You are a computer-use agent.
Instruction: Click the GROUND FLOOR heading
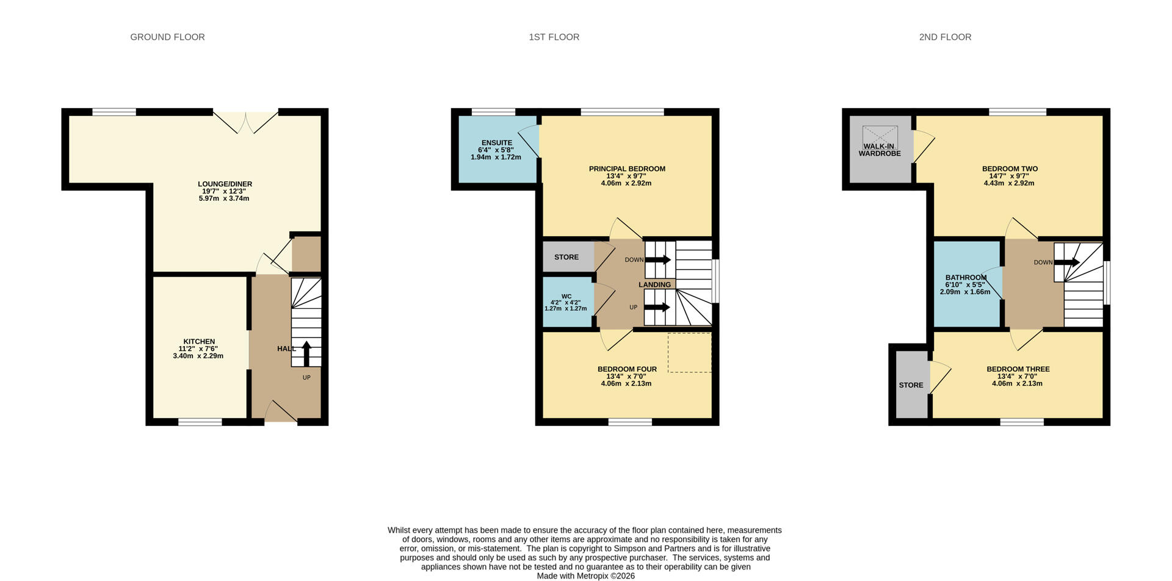(167, 37)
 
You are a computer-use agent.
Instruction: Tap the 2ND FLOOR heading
(945, 37)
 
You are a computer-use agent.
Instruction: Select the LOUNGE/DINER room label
(225, 184)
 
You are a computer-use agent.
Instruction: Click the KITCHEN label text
(199, 341)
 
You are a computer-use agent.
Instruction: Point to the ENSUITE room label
(496, 143)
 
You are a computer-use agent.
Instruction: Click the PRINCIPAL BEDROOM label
(627, 168)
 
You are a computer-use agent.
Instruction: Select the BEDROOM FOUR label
(627, 369)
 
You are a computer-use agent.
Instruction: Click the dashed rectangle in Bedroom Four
(689, 352)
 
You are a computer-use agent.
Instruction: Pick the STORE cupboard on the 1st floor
(566, 257)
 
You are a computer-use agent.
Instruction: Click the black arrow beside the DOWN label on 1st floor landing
(658, 260)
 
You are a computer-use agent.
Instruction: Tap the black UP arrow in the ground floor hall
(306, 353)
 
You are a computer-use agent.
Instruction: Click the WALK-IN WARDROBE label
(880, 150)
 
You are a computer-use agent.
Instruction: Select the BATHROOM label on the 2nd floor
(966, 277)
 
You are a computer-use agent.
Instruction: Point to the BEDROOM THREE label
(1018, 369)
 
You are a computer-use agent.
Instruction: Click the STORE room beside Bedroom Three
(911, 385)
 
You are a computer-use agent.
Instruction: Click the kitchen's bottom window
(200, 421)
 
